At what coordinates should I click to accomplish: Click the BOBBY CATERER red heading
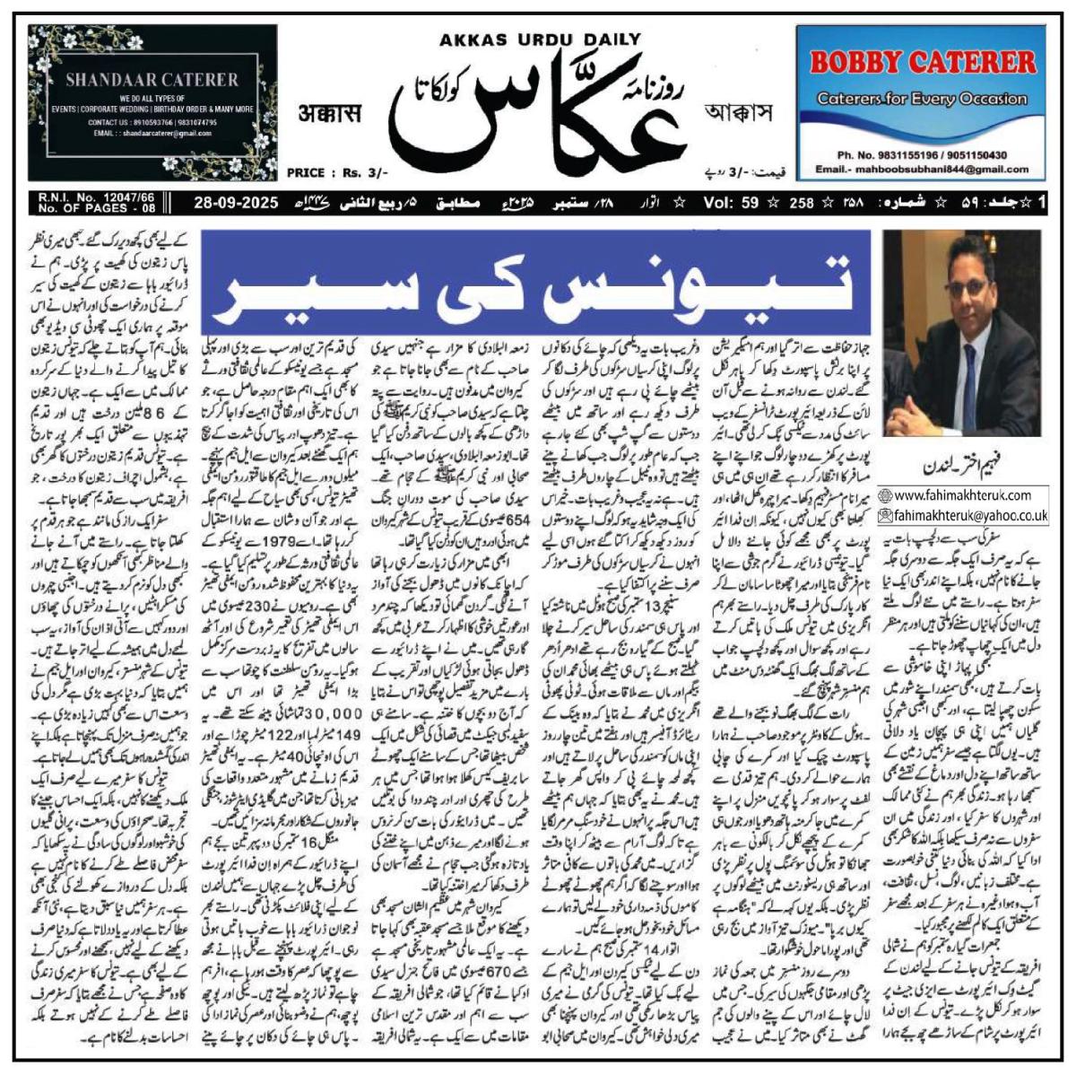pyautogui.click(x=923, y=62)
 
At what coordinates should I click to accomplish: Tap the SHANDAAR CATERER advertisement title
pyautogui.click(x=152, y=80)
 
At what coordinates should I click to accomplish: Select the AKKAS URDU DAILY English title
pyautogui.click(x=540, y=39)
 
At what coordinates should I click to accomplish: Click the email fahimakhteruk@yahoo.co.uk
pyautogui.click(x=969, y=515)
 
